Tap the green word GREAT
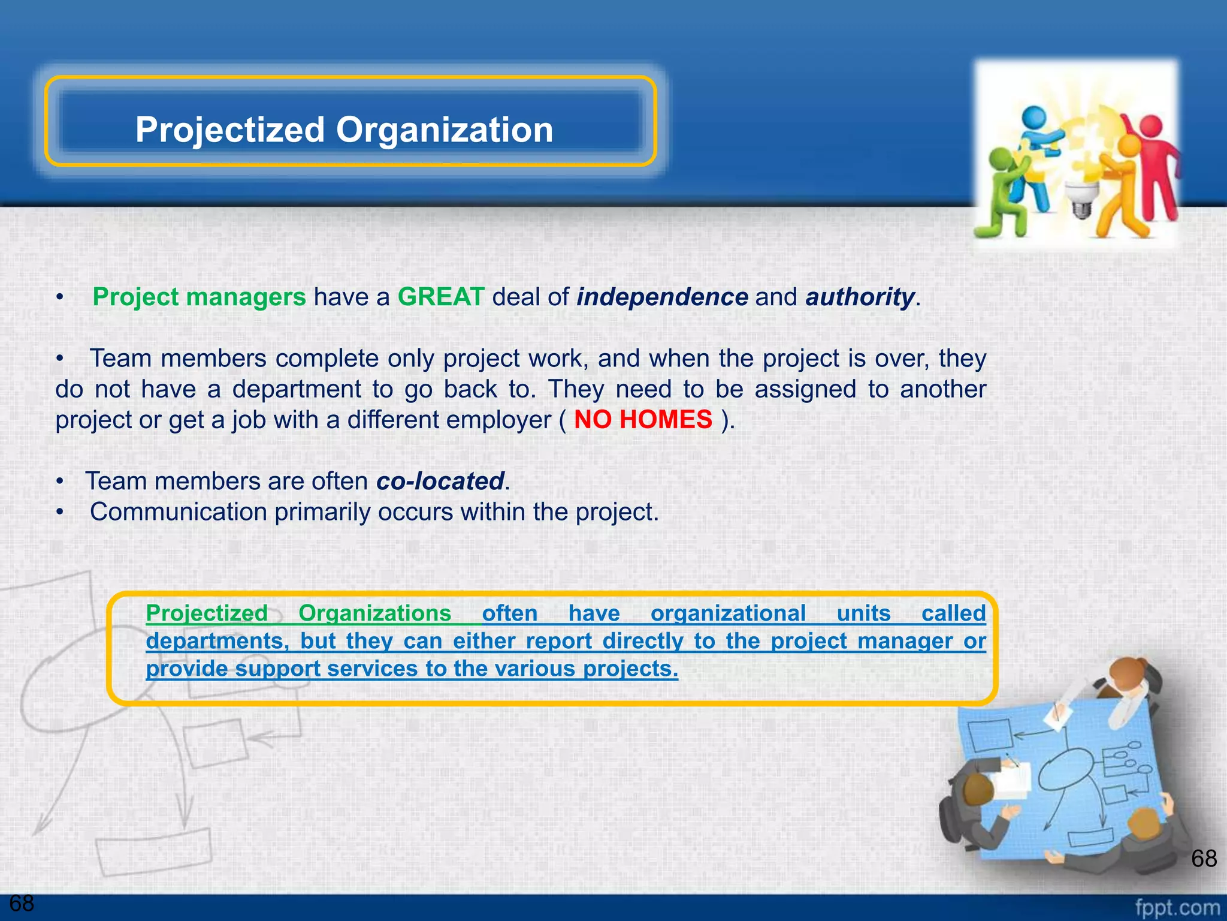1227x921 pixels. tap(441, 297)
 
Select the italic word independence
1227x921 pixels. tap(662, 297)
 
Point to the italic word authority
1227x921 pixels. tap(860, 297)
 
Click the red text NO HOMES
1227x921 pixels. tap(643, 419)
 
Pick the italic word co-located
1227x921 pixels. tap(440, 481)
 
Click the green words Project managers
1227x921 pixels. tap(199, 297)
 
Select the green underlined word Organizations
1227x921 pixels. tap(374, 613)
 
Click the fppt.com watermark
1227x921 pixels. tap(1177, 908)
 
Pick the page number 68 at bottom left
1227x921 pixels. tap(22, 903)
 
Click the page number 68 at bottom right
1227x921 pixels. tap(1204, 858)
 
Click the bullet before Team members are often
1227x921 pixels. tap(59, 481)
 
